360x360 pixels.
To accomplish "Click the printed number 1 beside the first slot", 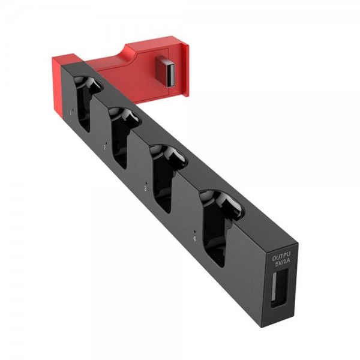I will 71,112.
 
